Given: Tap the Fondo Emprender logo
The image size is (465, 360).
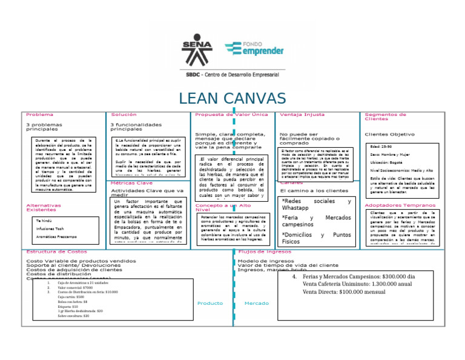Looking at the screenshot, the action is (x=254, y=49).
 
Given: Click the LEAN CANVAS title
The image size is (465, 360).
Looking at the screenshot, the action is (x=232, y=99).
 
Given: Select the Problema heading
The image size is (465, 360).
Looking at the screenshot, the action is (x=39, y=115).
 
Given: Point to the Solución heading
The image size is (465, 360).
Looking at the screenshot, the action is (x=124, y=115).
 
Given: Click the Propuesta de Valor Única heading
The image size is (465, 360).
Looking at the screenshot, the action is (x=231, y=115).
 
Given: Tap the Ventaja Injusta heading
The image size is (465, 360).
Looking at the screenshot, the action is (x=302, y=115).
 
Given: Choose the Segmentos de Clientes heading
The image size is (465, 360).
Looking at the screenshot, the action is (x=385, y=116).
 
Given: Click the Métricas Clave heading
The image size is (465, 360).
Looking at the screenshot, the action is (x=131, y=183).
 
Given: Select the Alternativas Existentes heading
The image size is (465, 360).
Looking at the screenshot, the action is (x=44, y=207).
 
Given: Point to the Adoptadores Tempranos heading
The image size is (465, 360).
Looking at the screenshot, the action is (x=400, y=205).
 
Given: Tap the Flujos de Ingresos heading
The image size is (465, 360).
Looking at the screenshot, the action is (x=265, y=252).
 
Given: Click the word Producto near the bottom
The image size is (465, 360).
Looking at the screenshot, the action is (x=210, y=303).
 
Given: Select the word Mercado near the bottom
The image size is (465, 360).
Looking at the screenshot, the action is (x=257, y=303).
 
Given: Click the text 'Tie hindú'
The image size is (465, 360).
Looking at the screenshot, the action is (x=44, y=221).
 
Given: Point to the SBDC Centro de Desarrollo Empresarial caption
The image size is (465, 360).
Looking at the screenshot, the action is (x=232, y=74).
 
